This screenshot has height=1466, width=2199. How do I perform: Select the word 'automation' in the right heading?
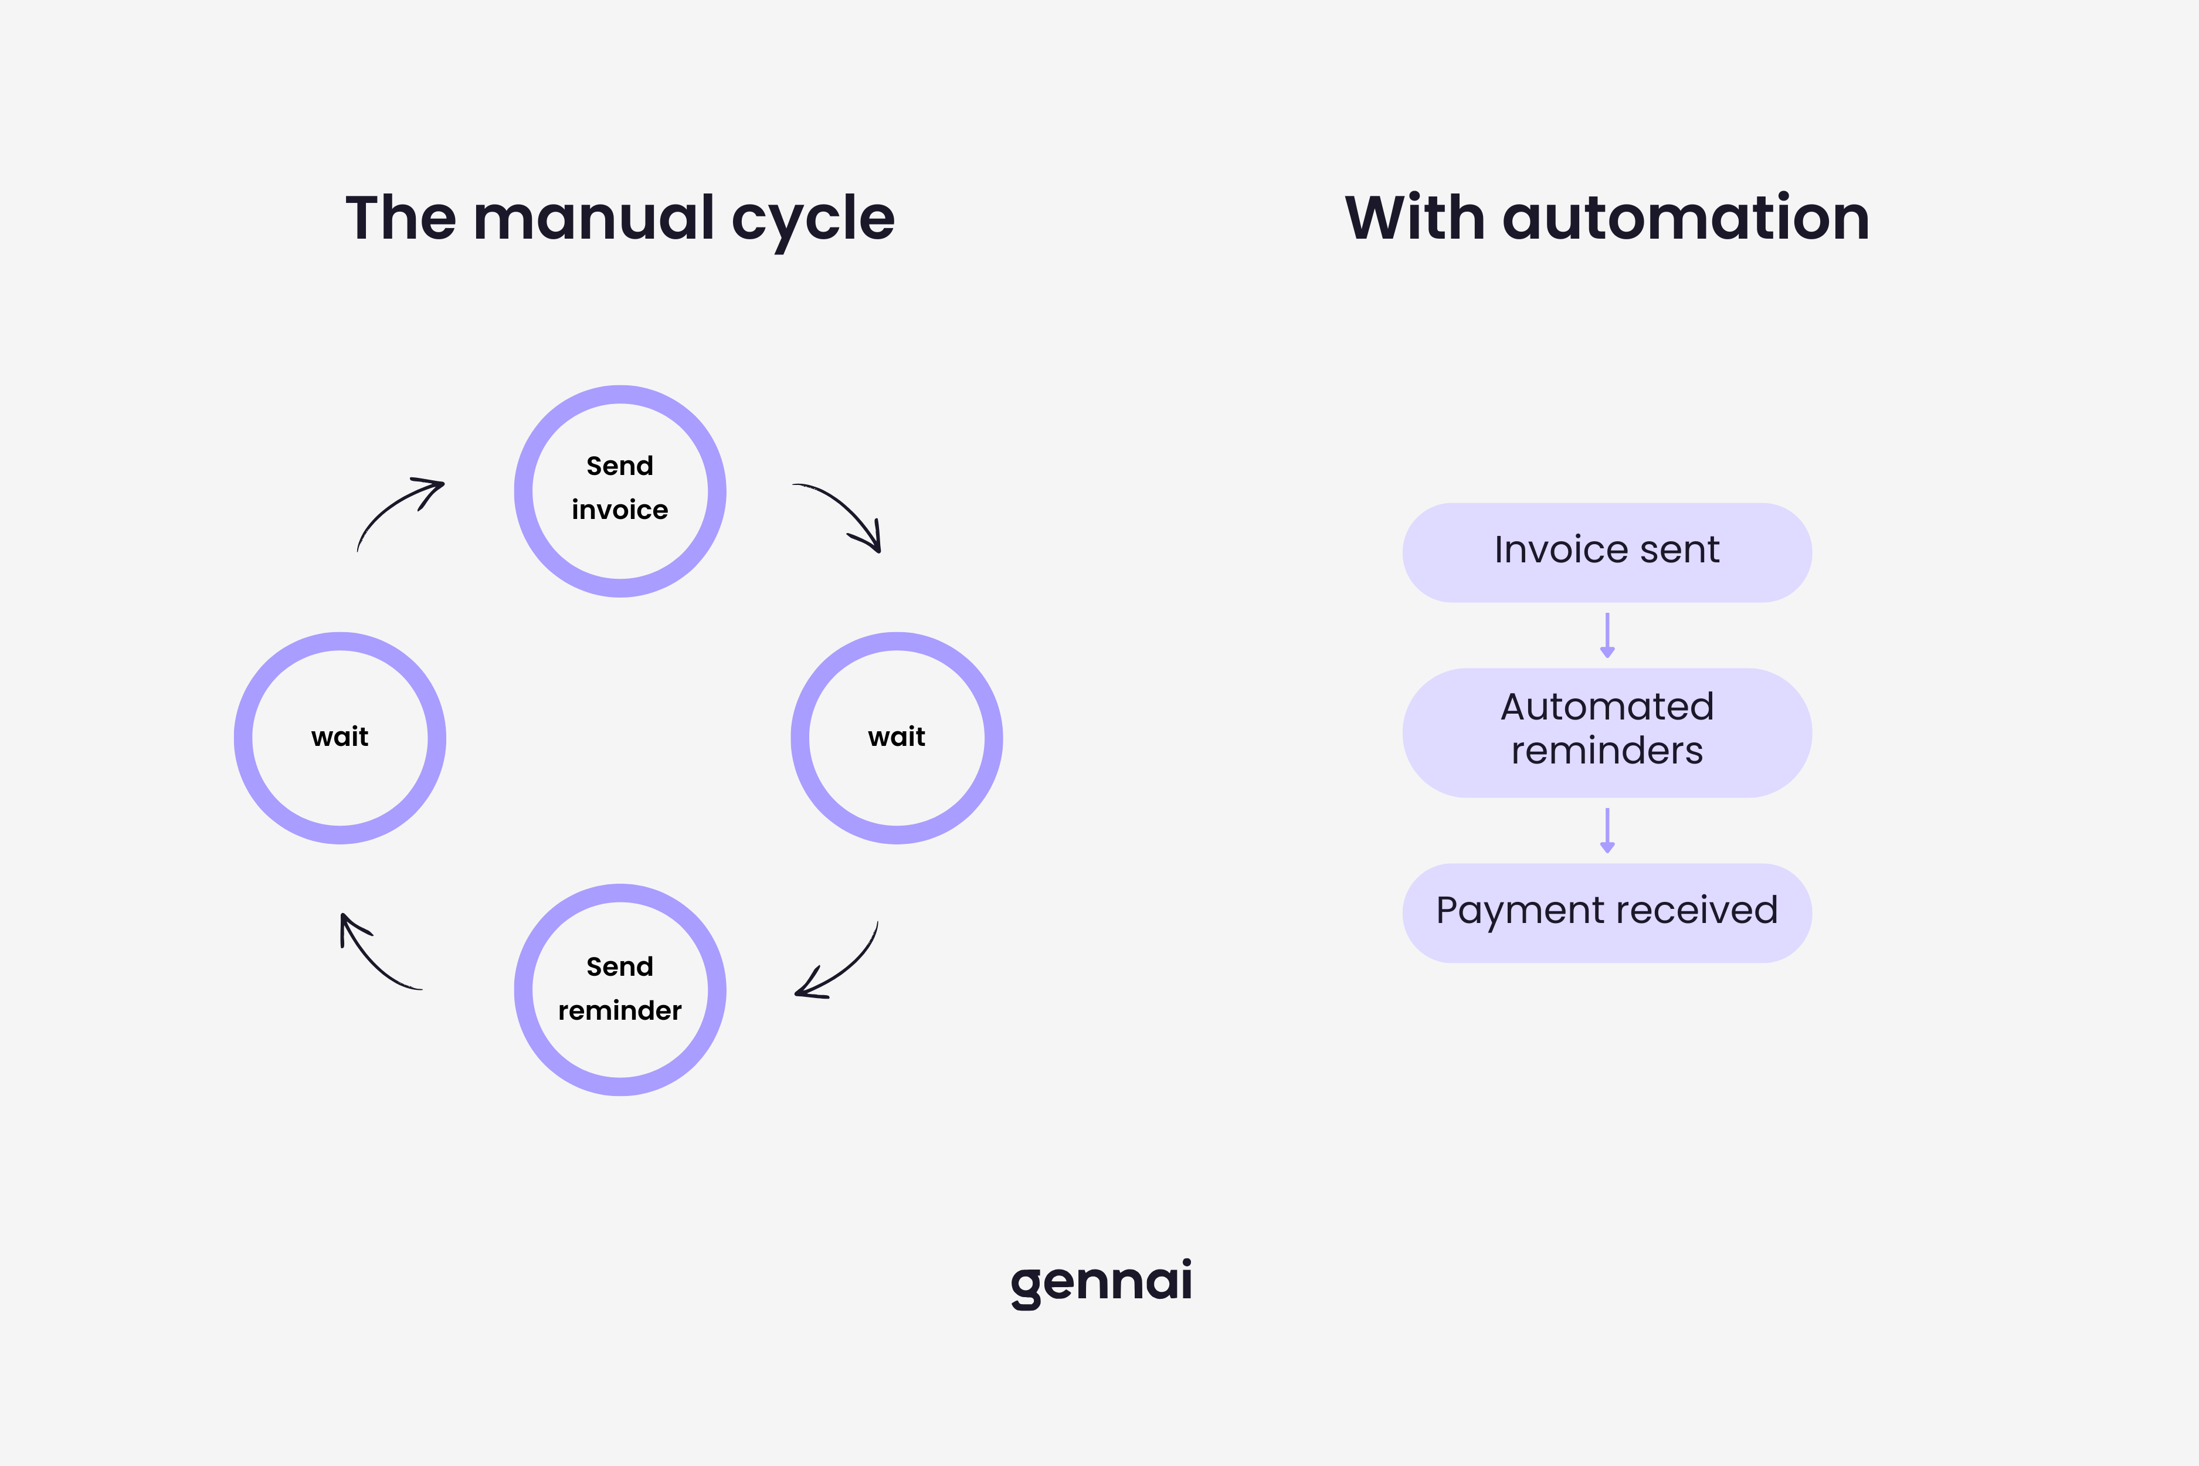(1685, 218)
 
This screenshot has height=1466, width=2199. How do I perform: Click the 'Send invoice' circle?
(620, 491)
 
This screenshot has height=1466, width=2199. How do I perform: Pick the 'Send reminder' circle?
(620, 989)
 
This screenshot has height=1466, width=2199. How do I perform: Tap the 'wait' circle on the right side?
(897, 738)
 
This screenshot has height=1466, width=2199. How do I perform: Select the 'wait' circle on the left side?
(340, 738)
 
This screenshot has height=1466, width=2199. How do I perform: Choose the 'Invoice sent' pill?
(1606, 552)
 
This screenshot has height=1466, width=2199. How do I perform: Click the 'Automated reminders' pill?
(1606, 731)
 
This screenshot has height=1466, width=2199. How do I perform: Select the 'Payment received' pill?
(1606, 912)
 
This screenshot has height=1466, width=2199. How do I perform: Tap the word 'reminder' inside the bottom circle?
(620, 1011)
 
